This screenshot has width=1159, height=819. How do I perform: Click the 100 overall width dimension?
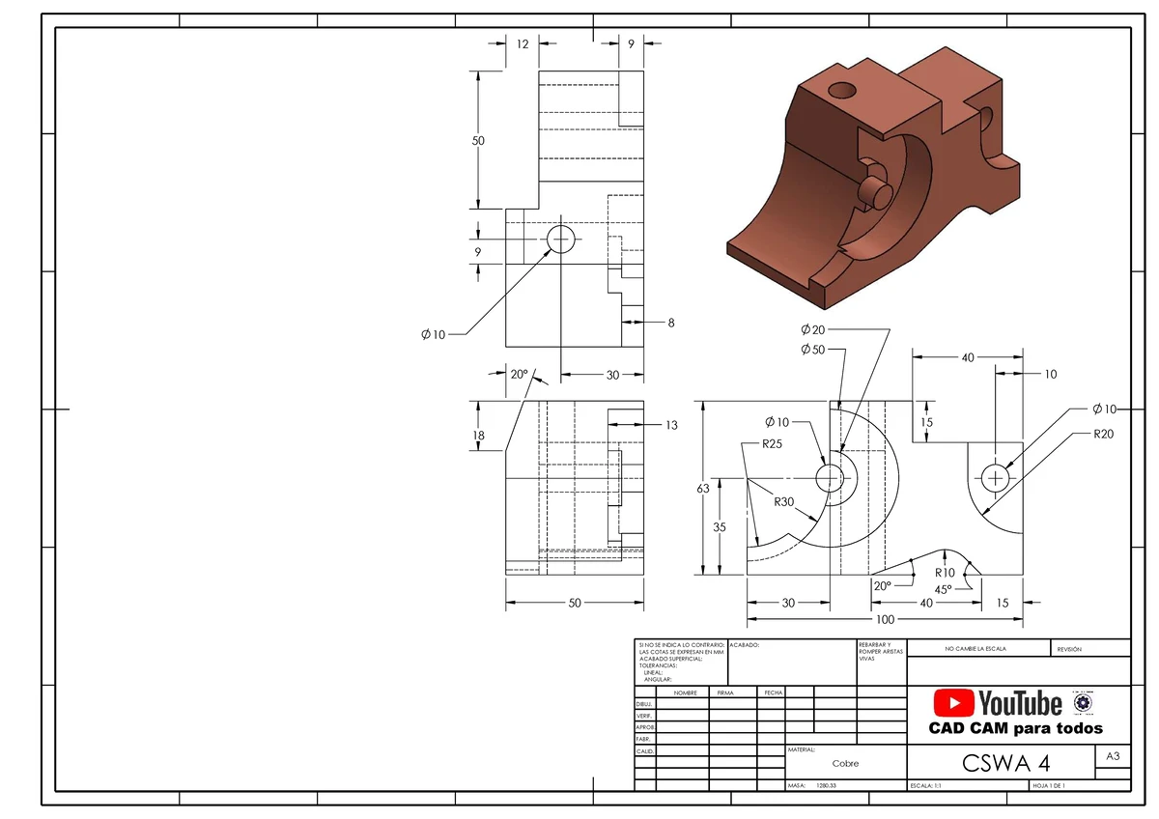click(884, 619)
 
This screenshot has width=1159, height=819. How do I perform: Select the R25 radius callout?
click(772, 444)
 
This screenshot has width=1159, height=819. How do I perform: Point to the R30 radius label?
click(784, 501)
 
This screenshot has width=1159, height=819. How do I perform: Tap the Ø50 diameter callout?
click(812, 350)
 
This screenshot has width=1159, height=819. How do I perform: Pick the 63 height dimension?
click(703, 489)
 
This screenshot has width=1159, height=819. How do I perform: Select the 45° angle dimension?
click(943, 588)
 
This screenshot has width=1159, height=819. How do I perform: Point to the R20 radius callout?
click(1104, 434)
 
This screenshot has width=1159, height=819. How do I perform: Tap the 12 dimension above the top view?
click(522, 43)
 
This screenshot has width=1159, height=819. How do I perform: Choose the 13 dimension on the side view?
click(671, 425)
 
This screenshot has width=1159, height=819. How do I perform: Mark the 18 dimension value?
click(478, 436)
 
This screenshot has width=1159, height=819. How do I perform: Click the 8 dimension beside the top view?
click(671, 323)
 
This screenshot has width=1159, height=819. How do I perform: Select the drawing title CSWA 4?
click(1006, 763)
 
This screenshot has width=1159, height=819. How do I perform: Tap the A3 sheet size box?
click(1112, 757)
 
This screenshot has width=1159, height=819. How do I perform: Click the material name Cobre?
click(845, 763)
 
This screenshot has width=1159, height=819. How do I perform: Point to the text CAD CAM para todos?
click(1015, 728)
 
